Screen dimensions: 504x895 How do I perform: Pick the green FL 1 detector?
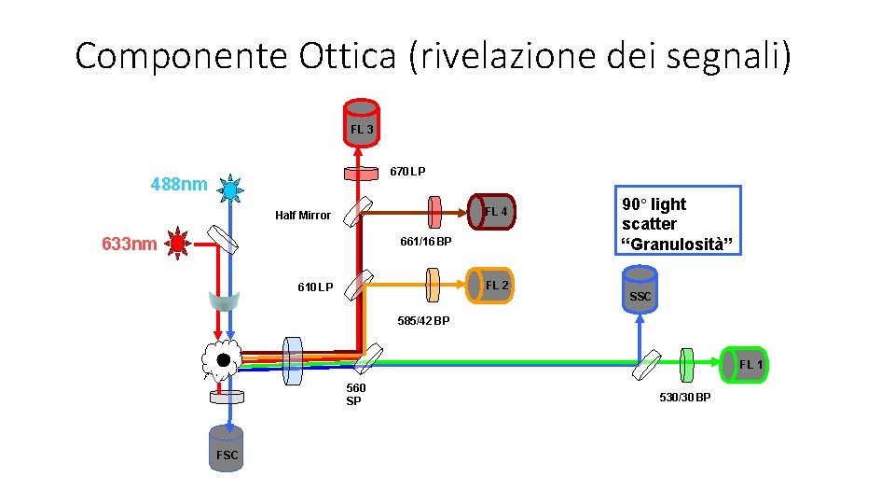(745, 363)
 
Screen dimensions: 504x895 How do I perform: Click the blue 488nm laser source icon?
(230, 190)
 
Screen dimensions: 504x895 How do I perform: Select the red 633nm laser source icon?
(176, 245)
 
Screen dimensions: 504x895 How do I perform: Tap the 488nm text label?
(179, 184)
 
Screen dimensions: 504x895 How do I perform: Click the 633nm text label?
(129, 245)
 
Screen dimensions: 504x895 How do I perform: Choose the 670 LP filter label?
(407, 172)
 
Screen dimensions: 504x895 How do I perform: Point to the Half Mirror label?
(302, 216)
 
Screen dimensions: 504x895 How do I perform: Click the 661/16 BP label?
(425, 243)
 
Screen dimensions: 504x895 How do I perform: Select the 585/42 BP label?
(423, 321)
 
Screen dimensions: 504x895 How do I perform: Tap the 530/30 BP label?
(684, 399)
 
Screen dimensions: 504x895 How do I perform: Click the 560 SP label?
(355, 394)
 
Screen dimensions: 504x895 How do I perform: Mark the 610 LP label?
(314, 287)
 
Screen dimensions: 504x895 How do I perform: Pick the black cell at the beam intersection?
(224, 360)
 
